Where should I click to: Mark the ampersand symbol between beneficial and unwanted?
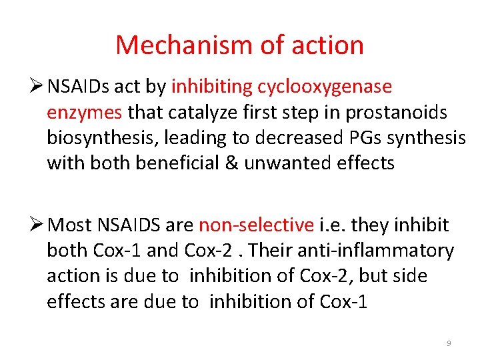(231, 163)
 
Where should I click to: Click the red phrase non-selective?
(256, 225)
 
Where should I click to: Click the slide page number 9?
(449, 343)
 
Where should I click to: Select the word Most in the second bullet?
(71, 225)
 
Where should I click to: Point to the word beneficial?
(177, 163)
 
